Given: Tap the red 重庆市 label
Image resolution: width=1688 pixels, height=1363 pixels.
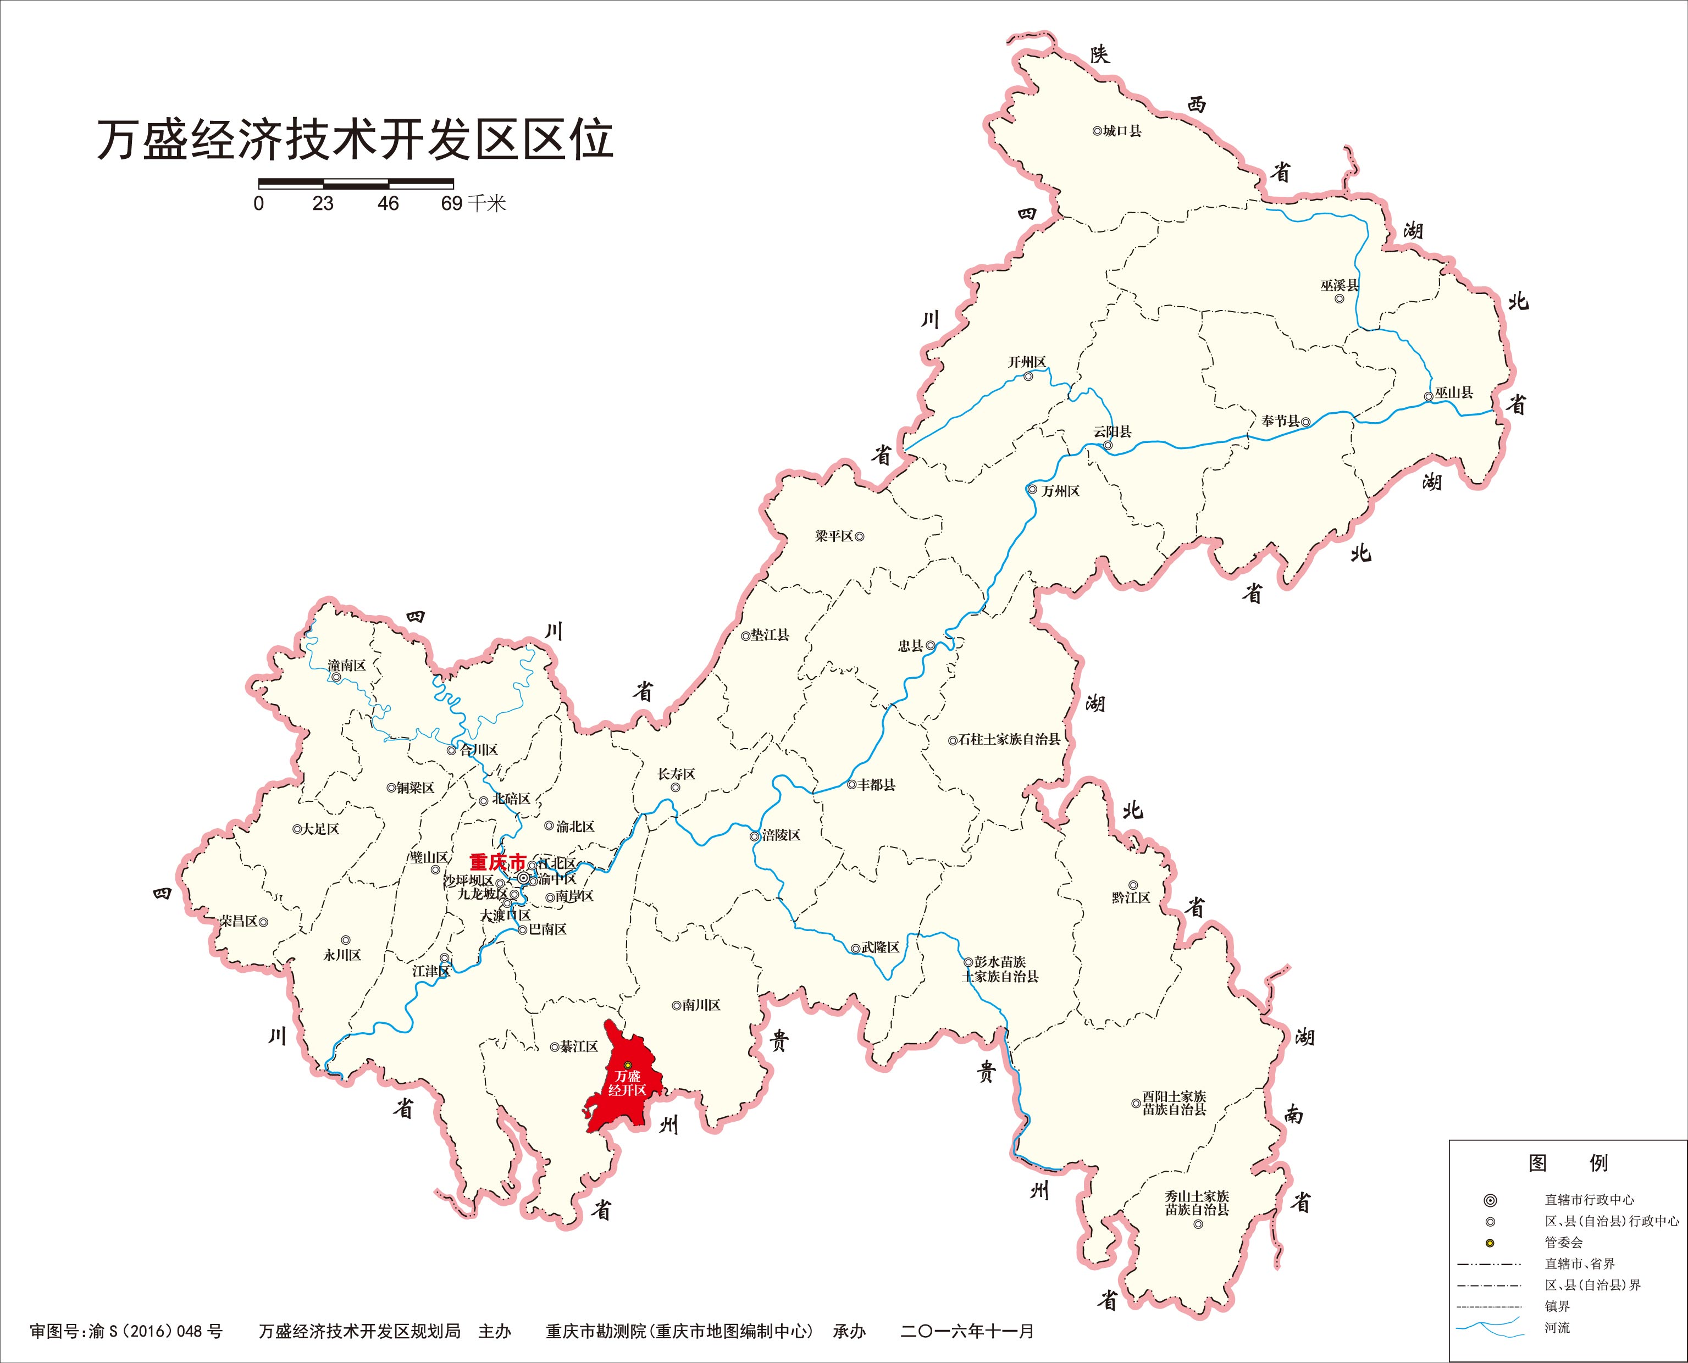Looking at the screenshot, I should [x=497, y=861].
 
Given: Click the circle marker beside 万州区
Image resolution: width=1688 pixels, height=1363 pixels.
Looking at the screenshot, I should [x=1032, y=490].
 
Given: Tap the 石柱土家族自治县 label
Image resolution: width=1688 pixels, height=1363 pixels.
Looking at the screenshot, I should [x=1009, y=740].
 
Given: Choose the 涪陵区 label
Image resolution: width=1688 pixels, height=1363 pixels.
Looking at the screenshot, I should [x=781, y=835].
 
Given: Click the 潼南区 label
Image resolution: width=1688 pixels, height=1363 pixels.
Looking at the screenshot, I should [x=347, y=666].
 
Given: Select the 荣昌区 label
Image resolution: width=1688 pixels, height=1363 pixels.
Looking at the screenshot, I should [x=239, y=922].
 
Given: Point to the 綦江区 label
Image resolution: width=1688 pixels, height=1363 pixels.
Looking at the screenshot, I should [x=579, y=1046].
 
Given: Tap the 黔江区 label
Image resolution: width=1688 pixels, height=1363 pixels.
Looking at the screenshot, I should [x=1131, y=897].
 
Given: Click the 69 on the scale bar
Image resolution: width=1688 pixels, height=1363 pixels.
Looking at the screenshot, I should [x=451, y=204].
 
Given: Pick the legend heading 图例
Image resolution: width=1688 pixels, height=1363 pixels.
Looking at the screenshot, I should [x=1567, y=1163].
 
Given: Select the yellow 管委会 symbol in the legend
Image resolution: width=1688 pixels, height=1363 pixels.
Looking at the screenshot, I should [x=1490, y=1243].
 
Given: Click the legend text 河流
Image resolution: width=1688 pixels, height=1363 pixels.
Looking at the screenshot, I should [x=1557, y=1328].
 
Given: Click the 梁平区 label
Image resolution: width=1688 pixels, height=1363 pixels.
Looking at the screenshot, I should [x=834, y=536].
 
